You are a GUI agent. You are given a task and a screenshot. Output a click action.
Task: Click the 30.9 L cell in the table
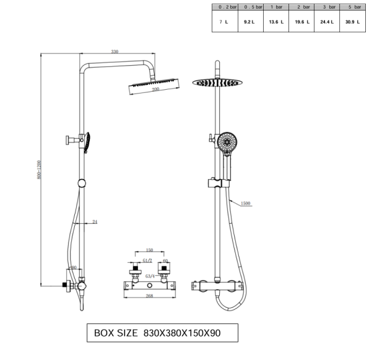pyautogui.click(x=354, y=22)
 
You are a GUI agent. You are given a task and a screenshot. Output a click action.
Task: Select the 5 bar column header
pyautogui.click(x=354, y=7)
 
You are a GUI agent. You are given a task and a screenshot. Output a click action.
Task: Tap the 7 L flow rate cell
pyautogui.click(x=223, y=22)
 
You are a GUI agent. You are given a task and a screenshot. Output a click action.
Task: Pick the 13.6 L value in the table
pyautogui.click(x=276, y=22)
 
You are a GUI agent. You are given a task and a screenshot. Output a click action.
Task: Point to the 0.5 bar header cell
pyautogui.click(x=249, y=7)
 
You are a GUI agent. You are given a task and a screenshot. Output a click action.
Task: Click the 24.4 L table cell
pyautogui.click(x=326, y=22)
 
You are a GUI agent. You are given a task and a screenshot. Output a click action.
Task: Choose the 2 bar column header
pyautogui.click(x=302, y=7)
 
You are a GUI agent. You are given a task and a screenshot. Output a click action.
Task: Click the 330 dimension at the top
pyautogui.click(x=115, y=51)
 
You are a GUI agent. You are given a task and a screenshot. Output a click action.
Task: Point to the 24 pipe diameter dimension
pyautogui.click(x=95, y=221)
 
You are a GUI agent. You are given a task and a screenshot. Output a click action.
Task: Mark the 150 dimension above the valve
pyautogui.click(x=150, y=252)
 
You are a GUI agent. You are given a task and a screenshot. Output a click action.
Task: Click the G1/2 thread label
pyautogui.click(x=147, y=261)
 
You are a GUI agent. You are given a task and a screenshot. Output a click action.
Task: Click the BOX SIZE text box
pyautogui.click(x=162, y=333)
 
